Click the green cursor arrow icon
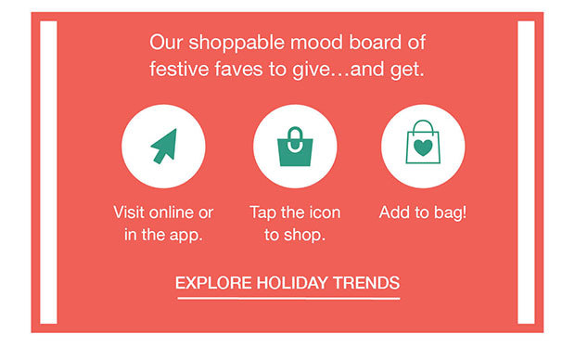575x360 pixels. coord(163,146)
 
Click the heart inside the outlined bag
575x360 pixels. coord(422,148)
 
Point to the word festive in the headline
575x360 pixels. coord(179,69)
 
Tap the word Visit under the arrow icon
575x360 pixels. coord(131,212)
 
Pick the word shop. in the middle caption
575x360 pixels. coord(305,234)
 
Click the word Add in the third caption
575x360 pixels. coord(394,212)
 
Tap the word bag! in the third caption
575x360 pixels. coord(448,212)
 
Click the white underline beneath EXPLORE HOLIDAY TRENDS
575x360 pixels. coord(287,298)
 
